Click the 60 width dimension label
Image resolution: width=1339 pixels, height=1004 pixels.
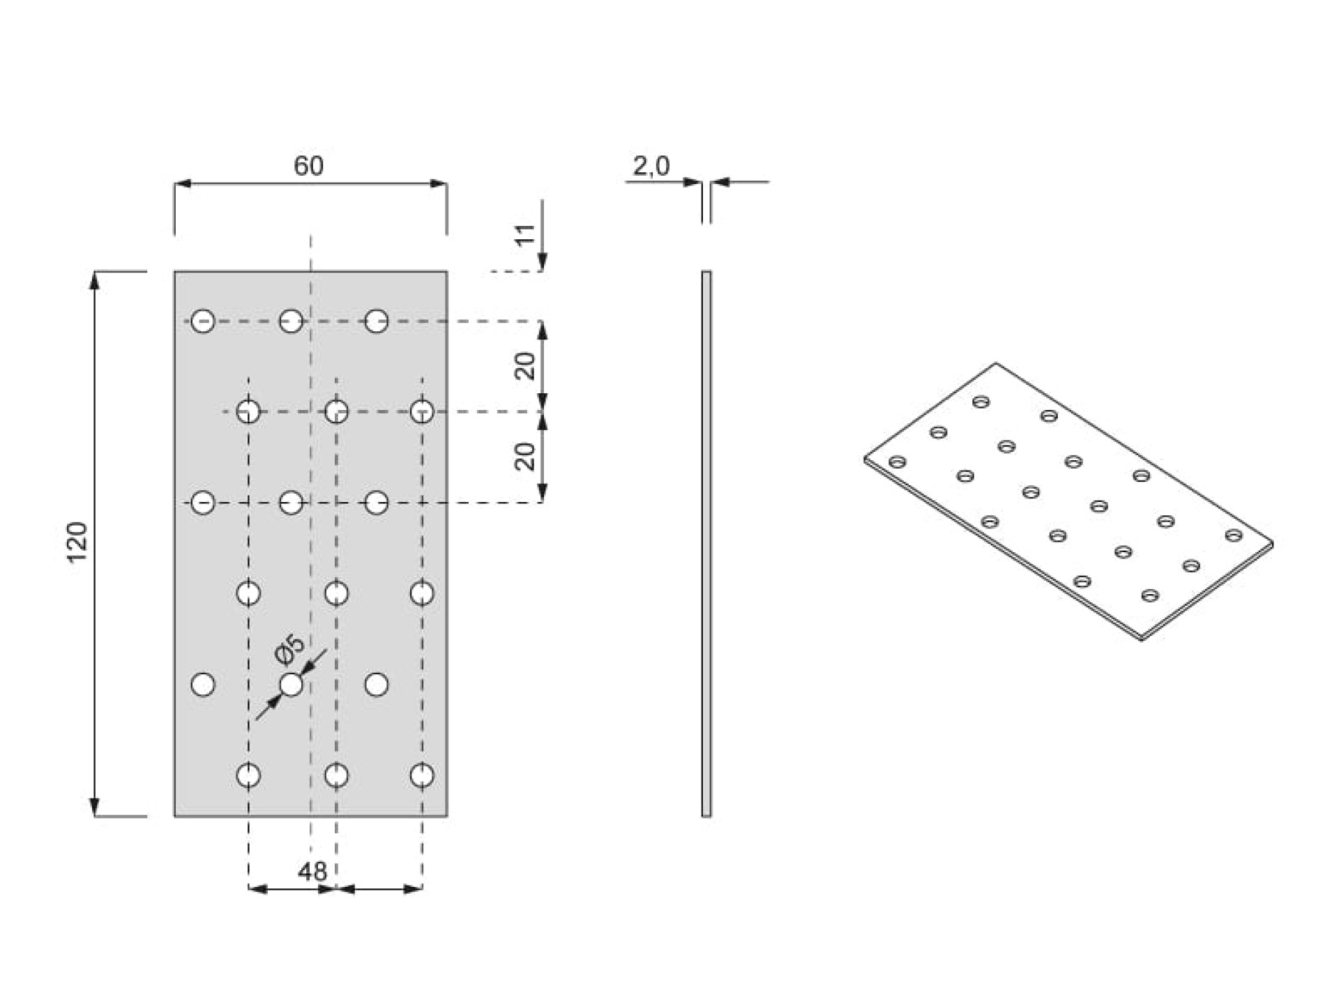pyautogui.click(x=308, y=166)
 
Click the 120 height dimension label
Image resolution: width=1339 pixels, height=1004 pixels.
pyautogui.click(x=77, y=542)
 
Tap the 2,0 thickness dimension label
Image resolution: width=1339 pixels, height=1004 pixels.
pyautogui.click(x=651, y=166)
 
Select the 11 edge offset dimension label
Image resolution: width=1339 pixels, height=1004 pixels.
pyautogui.click(x=525, y=234)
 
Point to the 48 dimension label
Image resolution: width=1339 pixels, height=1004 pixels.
pyautogui.click(x=312, y=872)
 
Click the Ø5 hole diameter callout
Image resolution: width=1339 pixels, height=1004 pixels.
pyautogui.click(x=290, y=649)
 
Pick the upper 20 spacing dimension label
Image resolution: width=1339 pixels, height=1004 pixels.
pyautogui.click(x=525, y=366)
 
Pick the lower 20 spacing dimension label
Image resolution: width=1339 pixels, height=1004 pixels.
pyautogui.click(x=525, y=457)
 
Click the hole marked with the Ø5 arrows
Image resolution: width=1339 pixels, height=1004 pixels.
pyautogui.click(x=291, y=685)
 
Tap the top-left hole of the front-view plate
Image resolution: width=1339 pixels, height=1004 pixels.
pyautogui.click(x=203, y=321)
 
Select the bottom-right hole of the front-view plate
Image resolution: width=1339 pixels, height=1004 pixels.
pyautogui.click(x=422, y=775)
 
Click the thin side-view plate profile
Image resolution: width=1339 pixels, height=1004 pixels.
pyautogui.click(x=706, y=543)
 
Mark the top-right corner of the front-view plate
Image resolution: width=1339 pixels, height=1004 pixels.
pyautogui.click(x=447, y=271)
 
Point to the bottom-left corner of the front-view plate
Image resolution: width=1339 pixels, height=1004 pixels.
pyautogui.click(x=174, y=816)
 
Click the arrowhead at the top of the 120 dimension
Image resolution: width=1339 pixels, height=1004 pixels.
pyautogui.click(x=96, y=280)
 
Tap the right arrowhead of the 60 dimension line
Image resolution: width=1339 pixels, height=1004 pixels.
pyautogui.click(x=439, y=183)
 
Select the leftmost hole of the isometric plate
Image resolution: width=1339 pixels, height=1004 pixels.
pyautogui.click(x=898, y=462)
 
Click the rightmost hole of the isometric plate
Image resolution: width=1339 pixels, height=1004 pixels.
pyautogui.click(x=1234, y=535)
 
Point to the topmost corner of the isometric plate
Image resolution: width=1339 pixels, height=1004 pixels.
pyautogui.click(x=995, y=363)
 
